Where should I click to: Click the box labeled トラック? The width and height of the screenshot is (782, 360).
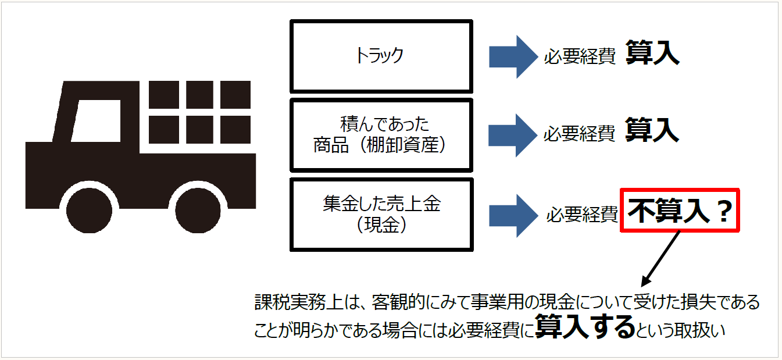pyautogui.click(x=381, y=56)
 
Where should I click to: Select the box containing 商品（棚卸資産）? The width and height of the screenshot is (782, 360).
pyautogui.click(x=381, y=135)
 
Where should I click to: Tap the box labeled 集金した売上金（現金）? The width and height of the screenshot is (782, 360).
pyautogui.click(x=381, y=215)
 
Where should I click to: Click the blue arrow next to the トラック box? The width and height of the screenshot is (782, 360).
pyautogui.click(x=512, y=56)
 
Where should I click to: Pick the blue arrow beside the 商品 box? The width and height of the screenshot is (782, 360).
pyautogui.click(x=512, y=134)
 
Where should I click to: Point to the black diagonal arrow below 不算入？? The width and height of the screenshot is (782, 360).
pyautogui.click(x=662, y=258)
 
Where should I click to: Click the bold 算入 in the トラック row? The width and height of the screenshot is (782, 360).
pyautogui.click(x=652, y=54)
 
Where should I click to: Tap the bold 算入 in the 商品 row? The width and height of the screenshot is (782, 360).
pyautogui.click(x=652, y=131)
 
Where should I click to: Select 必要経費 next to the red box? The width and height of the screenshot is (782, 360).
pyautogui.click(x=581, y=215)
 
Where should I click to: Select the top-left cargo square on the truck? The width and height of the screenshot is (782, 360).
pyautogui.click(x=163, y=95)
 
